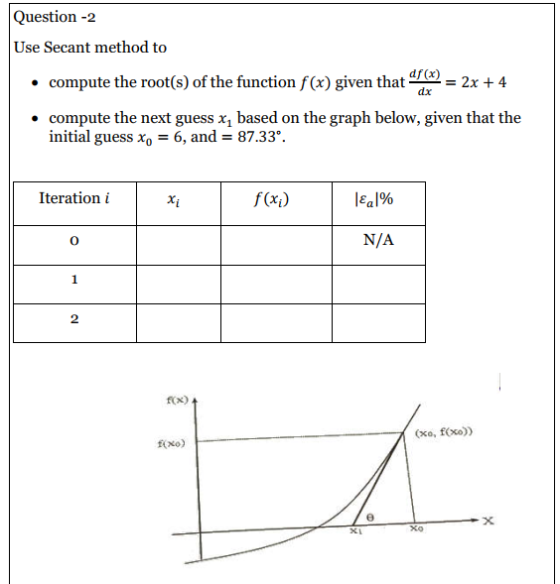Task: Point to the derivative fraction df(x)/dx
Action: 424,82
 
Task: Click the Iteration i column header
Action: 73,198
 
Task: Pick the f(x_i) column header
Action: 273,198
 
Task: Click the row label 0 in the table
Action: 73,242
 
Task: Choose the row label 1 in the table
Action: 73,281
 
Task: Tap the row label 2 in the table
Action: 73,320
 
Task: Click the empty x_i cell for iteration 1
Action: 178,283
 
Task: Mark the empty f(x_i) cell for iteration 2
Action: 275,322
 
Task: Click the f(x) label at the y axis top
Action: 175,399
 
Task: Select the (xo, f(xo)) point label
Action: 444,433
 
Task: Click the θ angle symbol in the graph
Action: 371,518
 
